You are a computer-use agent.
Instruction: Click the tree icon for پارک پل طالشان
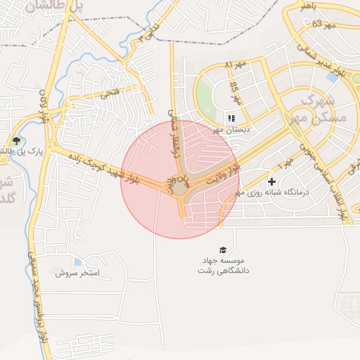15,140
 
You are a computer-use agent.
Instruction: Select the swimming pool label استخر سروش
78,271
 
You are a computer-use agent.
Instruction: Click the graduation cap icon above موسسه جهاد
223,250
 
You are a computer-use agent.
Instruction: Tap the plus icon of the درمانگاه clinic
271,181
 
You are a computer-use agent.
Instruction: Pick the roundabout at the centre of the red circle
180,188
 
